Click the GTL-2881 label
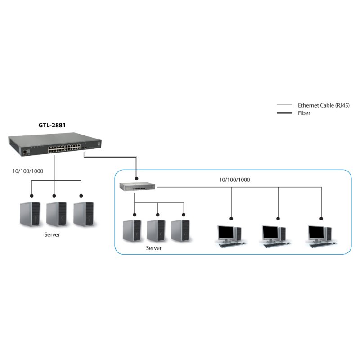point(51,126)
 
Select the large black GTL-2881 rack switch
point(56,146)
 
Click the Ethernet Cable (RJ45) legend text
point(324,105)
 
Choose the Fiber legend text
point(304,113)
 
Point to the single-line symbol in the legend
point(284,105)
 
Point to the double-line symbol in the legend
point(284,113)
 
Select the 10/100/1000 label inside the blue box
point(234,180)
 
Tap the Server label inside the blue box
point(154,248)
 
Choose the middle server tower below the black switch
point(56,214)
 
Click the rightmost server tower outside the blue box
point(84,214)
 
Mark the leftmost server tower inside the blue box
point(132,230)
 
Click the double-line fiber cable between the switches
point(110,157)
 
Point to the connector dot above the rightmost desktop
point(321,218)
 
